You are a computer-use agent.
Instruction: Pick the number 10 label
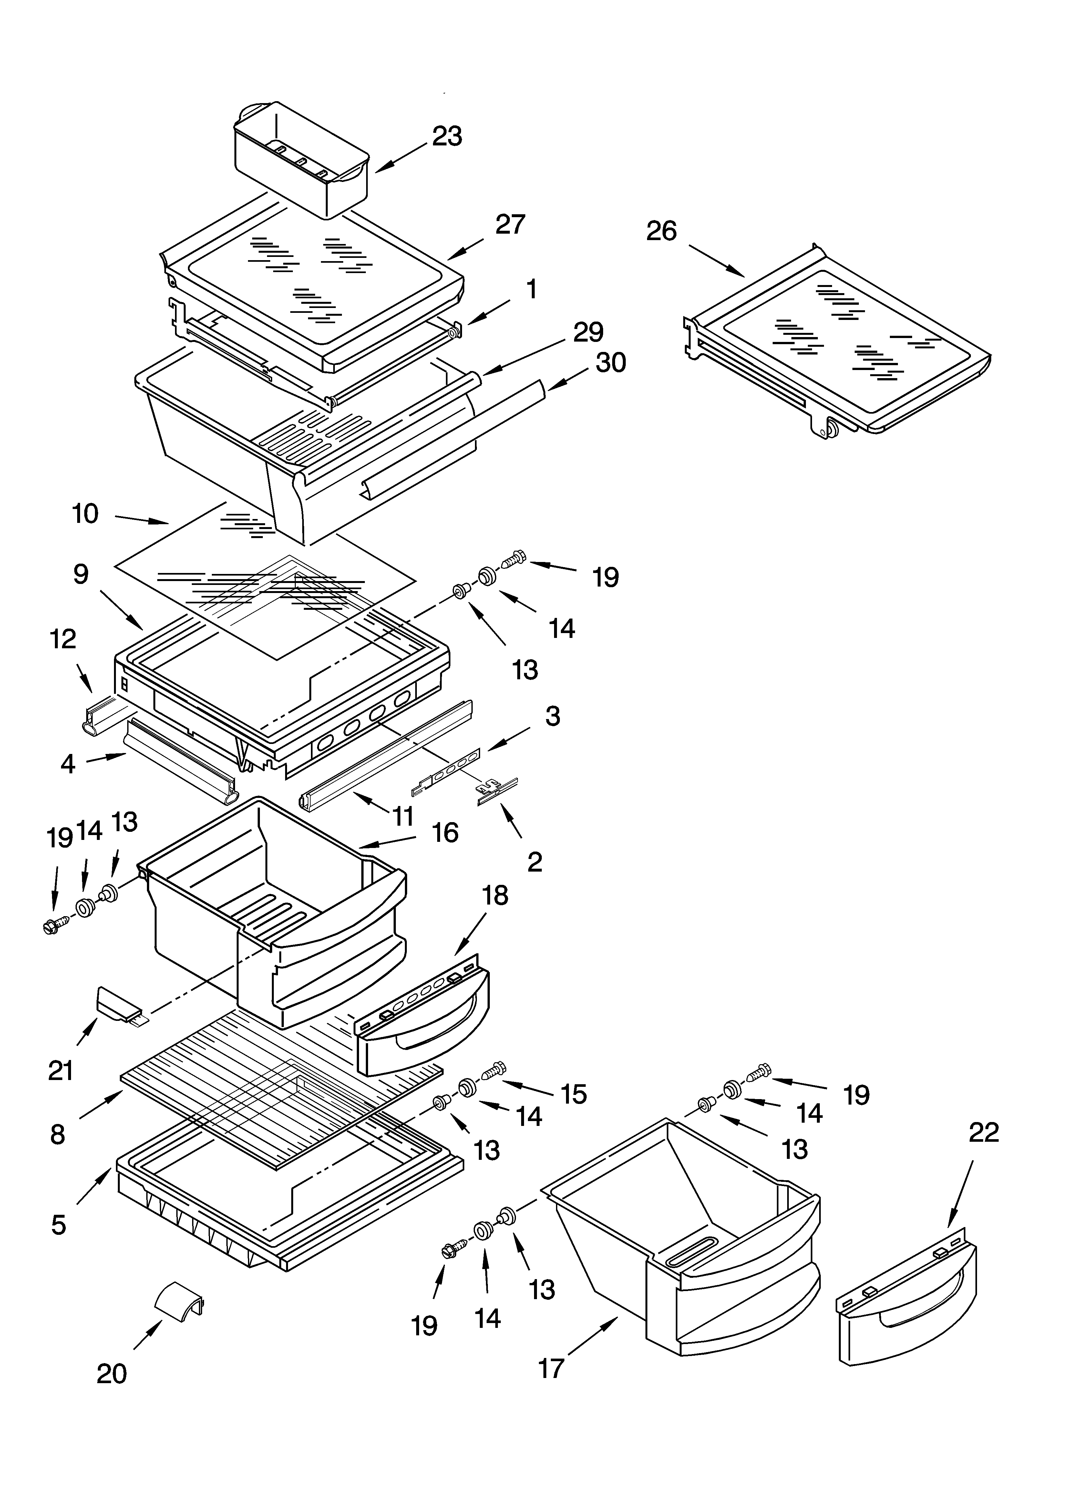pyautogui.click(x=85, y=514)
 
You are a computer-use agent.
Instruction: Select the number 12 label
pyautogui.click(x=63, y=639)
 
